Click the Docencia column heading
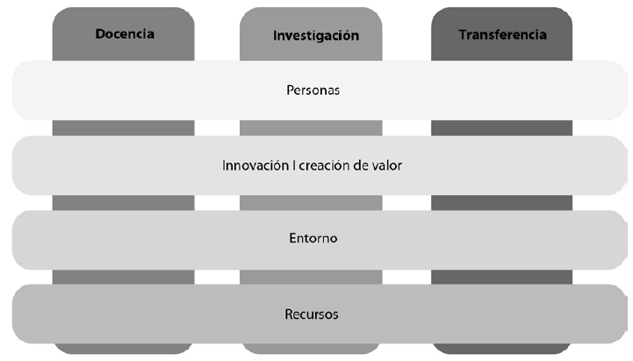[x=124, y=34]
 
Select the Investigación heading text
[x=316, y=36]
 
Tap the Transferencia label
[x=502, y=35]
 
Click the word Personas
[x=313, y=90]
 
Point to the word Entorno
[x=313, y=238]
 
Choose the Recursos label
[x=313, y=313]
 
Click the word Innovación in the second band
[x=255, y=164]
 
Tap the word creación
[x=322, y=164]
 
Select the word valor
[x=386, y=164]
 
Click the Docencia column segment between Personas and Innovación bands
[x=124, y=128]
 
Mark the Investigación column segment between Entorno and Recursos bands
[x=311, y=277]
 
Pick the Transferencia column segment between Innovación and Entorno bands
[x=502, y=203]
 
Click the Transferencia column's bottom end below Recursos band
[x=502, y=348]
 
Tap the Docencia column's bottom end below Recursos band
[x=124, y=348]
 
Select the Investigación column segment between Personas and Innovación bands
[x=311, y=128]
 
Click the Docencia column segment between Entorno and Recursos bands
[x=124, y=277]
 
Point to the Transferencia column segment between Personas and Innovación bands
[x=502, y=128]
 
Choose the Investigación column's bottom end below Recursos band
[x=311, y=348]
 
